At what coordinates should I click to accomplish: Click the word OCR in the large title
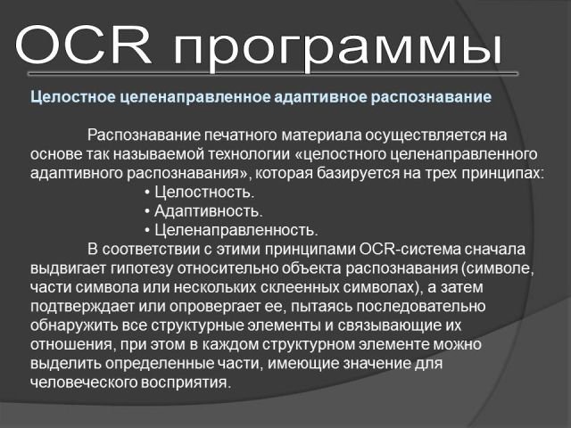(x=83, y=45)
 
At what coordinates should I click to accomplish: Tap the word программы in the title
(x=337, y=50)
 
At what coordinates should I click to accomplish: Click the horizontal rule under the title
(x=273, y=74)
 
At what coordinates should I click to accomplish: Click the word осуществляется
(x=425, y=135)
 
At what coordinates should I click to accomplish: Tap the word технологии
(x=249, y=154)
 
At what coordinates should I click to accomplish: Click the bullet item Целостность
(x=204, y=193)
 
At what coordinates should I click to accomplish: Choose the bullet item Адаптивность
(x=208, y=211)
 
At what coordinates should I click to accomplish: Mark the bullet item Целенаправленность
(x=236, y=230)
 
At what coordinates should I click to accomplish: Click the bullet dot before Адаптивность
(x=147, y=211)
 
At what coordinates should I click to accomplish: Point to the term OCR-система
(x=410, y=250)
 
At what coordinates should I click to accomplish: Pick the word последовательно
(x=420, y=307)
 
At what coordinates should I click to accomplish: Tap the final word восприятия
(x=186, y=383)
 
